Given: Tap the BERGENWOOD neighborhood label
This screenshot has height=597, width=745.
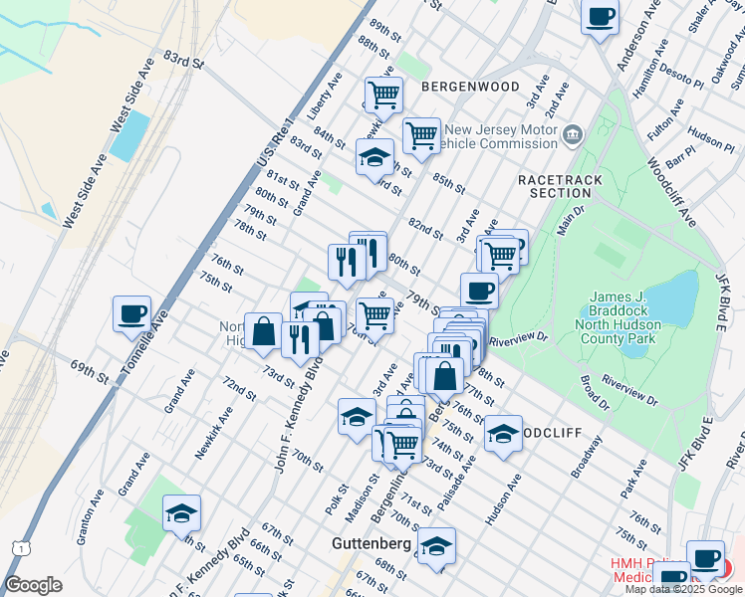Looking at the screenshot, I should tap(470, 88).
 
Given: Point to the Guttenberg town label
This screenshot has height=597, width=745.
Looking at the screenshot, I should tap(372, 544).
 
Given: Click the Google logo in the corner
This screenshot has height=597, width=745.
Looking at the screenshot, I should tap(33, 585).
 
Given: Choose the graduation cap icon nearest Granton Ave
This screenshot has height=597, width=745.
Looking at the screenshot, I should tap(181, 513).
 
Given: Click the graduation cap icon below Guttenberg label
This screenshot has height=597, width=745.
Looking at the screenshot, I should tap(435, 546).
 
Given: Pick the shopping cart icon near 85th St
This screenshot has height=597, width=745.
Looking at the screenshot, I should tap(421, 135).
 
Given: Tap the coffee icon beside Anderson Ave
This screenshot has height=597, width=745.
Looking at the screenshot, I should tap(601, 16).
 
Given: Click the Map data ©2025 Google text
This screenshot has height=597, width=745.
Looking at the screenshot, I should tap(684, 589).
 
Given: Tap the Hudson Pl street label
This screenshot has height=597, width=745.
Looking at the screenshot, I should tap(710, 137).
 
